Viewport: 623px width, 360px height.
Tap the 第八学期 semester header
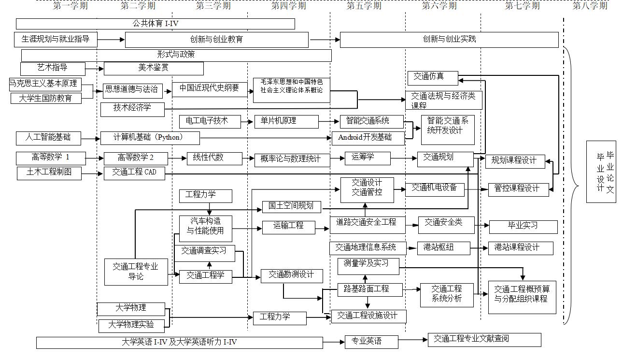coord(590,6)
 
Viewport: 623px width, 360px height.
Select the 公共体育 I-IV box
coord(155,24)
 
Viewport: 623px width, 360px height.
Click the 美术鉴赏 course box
coord(154,68)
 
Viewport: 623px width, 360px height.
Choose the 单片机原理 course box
coord(286,121)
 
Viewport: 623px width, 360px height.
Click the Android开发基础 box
coord(368,138)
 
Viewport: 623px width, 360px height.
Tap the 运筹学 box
coord(368,158)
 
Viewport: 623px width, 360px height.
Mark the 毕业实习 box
coord(523,226)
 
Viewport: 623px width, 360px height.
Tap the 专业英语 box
coord(371,342)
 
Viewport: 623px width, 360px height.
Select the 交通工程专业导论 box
coord(136,272)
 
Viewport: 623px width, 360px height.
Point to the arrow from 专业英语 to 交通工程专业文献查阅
coord(413,340)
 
